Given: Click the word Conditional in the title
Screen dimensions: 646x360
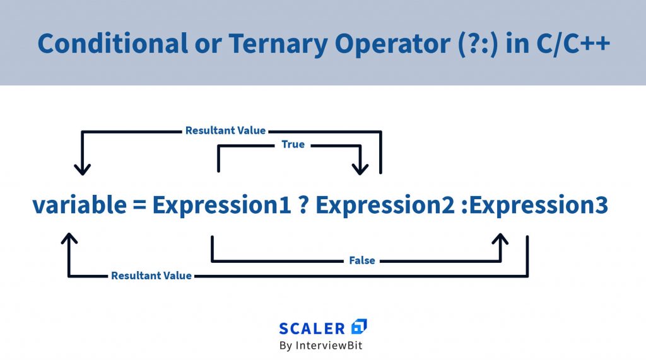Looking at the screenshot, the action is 112,44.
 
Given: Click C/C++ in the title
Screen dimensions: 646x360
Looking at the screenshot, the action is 573,44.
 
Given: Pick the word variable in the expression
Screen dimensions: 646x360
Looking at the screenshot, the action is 79,204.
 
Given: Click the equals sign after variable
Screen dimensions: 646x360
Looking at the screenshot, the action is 139,205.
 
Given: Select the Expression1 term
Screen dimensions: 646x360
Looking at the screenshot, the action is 221,205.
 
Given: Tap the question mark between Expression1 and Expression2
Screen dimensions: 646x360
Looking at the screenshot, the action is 303,205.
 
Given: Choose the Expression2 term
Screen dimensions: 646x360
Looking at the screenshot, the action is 385,205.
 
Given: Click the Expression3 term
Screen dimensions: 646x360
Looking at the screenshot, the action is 539,205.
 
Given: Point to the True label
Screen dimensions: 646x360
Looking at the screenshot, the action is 293,144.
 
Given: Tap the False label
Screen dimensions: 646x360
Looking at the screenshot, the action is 361,260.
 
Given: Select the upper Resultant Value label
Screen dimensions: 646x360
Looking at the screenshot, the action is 225,131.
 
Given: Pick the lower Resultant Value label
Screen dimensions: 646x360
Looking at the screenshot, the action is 151,276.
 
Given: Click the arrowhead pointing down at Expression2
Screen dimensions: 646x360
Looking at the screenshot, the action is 360,169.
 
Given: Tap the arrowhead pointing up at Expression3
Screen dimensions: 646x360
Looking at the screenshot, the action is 500,239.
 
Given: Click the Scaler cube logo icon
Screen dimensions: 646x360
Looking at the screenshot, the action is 359,327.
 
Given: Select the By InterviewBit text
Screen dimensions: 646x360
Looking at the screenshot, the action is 320,345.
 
